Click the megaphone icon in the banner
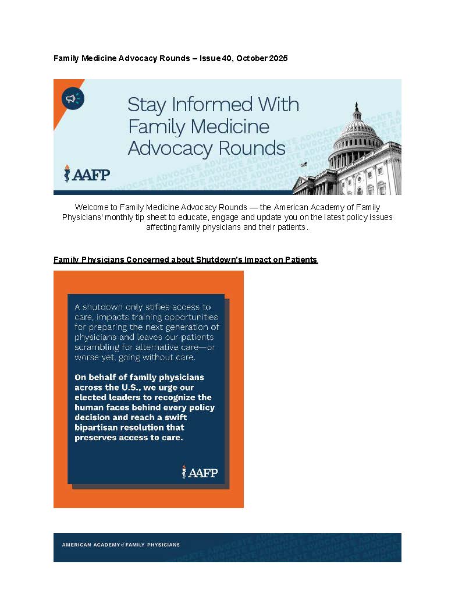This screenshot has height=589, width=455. tap(73, 99)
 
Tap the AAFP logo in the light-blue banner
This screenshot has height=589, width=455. tap(87, 173)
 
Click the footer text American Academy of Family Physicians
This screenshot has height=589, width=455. tap(120, 545)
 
